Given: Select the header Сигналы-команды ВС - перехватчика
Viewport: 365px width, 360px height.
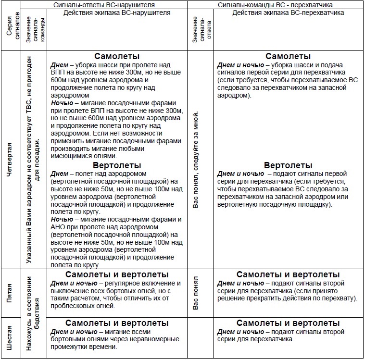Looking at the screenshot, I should click(275, 4).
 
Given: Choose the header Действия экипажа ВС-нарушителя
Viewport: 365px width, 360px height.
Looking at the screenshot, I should click(117, 13).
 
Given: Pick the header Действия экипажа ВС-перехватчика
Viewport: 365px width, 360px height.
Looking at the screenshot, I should click(288, 13).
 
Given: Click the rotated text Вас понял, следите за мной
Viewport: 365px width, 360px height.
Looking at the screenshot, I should click(196, 160).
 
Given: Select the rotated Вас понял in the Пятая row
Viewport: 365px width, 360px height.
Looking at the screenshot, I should click(196, 293).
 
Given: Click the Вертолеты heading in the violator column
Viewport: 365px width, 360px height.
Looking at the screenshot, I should click(117, 165).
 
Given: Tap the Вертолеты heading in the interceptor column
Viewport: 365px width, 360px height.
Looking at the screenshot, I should click(288, 165).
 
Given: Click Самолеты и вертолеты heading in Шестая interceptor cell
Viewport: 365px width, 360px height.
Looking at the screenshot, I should click(288, 323).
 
